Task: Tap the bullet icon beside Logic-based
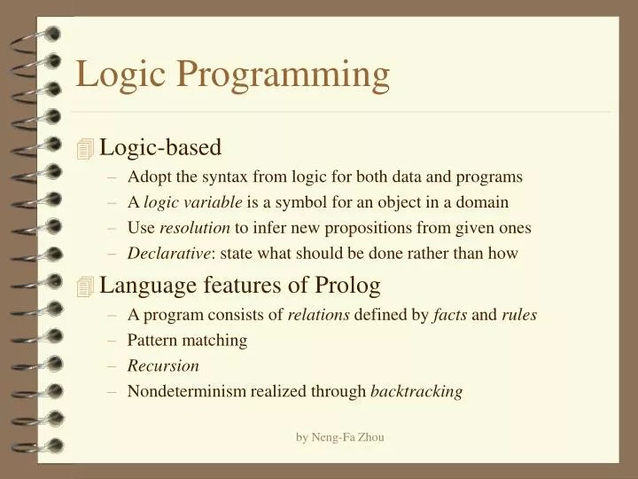(x=85, y=150)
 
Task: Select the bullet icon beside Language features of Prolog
(x=85, y=287)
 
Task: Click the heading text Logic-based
(x=160, y=147)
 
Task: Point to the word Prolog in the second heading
(x=347, y=285)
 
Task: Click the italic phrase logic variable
(x=192, y=202)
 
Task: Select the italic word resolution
(x=194, y=228)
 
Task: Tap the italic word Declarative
(x=169, y=254)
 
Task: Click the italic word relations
(x=318, y=314)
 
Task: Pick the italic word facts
(x=449, y=314)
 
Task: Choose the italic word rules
(x=519, y=314)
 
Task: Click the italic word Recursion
(x=163, y=365)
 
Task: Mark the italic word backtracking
(x=416, y=391)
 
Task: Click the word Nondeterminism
(x=186, y=391)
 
